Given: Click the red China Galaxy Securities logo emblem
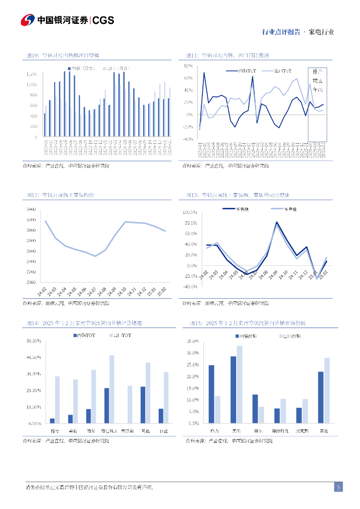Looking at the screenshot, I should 28,20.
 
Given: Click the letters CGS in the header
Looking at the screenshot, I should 103,20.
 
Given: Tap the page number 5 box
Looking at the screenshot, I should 338,487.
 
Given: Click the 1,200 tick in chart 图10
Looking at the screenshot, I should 32,74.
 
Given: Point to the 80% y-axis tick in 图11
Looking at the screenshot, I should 188,66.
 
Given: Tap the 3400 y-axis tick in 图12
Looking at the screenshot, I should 32,209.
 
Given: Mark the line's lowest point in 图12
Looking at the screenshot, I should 95,256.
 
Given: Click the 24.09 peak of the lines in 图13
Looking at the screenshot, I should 277,223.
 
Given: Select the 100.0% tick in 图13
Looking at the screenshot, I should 190,212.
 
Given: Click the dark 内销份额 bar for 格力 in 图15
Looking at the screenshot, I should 211,394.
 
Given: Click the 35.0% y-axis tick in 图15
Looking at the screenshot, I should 192,341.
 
